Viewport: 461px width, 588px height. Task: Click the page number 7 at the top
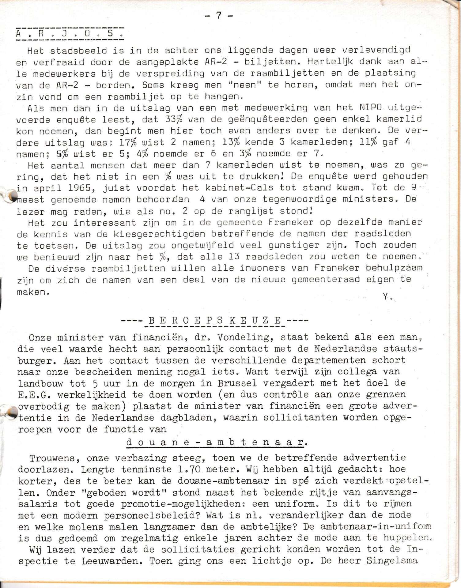click(x=219, y=15)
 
